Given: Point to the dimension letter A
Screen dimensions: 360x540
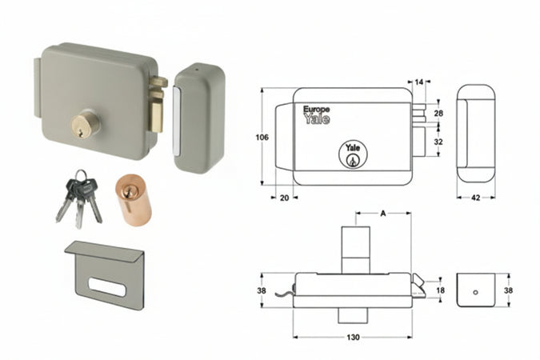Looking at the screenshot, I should click(384, 214).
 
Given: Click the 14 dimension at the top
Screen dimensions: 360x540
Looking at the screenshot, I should click(420, 82).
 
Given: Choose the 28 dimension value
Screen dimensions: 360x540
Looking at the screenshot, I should click(438, 114).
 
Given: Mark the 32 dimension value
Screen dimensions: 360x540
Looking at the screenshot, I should click(438, 141).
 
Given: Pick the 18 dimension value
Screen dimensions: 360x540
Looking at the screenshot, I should click(439, 290).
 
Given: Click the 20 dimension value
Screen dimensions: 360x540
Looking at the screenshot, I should click(284, 198).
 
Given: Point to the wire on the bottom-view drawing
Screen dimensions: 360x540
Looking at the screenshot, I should click(284, 298).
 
